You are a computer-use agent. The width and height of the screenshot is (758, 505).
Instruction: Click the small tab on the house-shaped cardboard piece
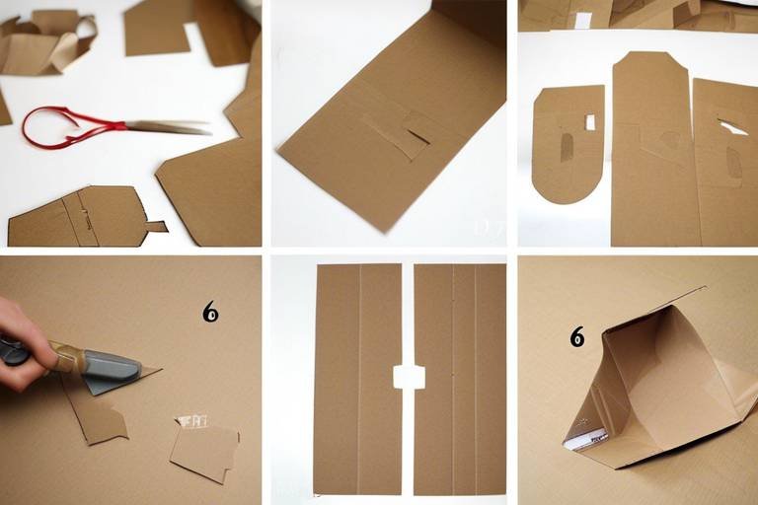coord(155,226)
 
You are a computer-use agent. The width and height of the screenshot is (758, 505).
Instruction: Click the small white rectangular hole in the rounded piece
coord(590,122)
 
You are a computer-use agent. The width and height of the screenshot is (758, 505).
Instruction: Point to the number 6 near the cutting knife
coord(210,313)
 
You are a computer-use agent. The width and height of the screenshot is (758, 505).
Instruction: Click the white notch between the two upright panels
coord(409,377)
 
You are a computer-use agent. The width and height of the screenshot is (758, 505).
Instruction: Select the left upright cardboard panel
coord(357,380)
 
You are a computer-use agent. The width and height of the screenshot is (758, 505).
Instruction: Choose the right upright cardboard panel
coord(460,380)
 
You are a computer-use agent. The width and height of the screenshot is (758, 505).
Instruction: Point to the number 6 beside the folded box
coord(577,338)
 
